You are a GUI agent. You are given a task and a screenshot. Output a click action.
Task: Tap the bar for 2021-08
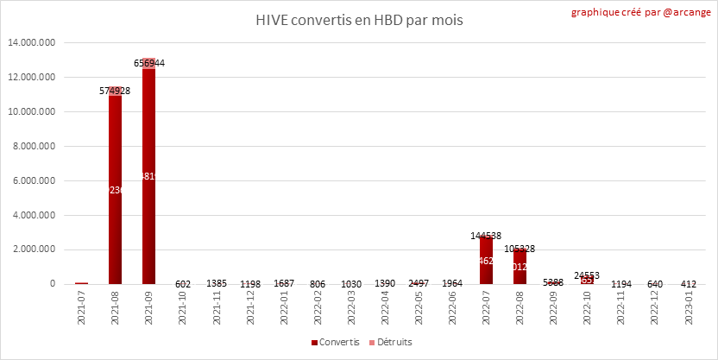115,190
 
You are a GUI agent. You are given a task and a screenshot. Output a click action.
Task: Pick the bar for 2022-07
486,260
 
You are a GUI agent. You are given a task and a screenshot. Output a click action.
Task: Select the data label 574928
115,91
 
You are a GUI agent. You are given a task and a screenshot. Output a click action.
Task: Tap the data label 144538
486,235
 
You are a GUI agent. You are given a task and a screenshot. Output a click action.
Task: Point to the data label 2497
419,284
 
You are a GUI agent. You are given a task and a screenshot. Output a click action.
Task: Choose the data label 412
688,284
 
